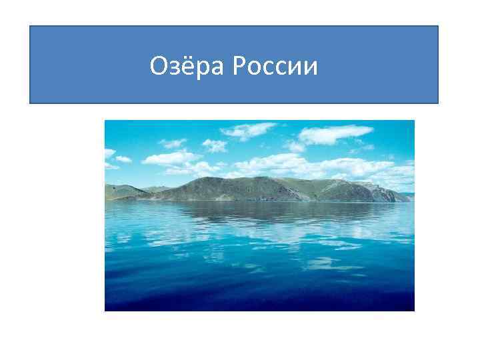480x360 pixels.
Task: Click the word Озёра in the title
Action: [x=189, y=65]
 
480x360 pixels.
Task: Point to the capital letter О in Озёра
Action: [x=157, y=65]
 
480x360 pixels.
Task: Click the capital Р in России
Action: [x=239, y=65]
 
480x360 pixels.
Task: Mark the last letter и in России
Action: [x=311, y=67]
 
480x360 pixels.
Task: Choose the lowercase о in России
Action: [x=255, y=67]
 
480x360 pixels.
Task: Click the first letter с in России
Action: [x=269, y=67]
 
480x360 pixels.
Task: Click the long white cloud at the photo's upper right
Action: [x=327, y=135]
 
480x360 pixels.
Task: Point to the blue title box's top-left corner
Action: [x=30, y=26]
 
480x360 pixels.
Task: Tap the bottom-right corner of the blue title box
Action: [x=438, y=103]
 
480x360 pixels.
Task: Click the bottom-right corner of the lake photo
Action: [x=414, y=311]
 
